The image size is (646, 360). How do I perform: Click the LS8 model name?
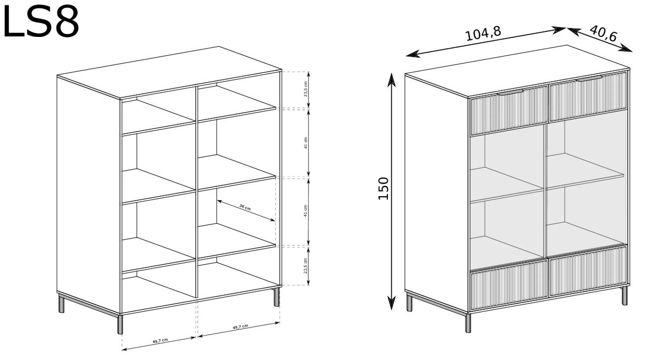coord(41,22)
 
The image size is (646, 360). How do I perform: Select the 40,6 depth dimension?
coord(603,33)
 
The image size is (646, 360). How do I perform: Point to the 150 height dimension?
coord(383,188)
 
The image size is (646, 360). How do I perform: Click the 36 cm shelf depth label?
coord(245,207)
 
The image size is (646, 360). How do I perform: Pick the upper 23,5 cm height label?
coord(306,89)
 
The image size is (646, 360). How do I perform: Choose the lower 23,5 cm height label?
coord(306,266)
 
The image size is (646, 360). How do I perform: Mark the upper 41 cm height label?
coord(306,143)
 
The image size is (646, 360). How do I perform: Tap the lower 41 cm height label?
coord(306,211)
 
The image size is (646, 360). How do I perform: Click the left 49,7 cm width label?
coord(160,341)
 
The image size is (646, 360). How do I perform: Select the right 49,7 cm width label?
coord(240,327)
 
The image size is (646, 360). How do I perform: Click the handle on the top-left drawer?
coord(510,92)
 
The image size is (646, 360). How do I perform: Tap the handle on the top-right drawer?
coord(589,79)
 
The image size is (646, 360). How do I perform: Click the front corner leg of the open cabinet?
coord(120,324)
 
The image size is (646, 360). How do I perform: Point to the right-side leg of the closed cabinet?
coord(624,296)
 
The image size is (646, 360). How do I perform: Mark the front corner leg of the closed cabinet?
coord(468,323)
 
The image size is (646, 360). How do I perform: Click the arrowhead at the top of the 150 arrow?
coord(391,80)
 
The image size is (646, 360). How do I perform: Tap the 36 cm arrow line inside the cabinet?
coord(246,211)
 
